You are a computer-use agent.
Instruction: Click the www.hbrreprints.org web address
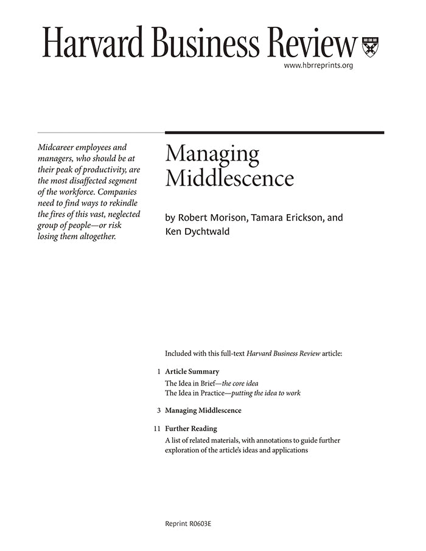click(318, 65)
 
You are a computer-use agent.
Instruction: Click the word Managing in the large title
click(212, 155)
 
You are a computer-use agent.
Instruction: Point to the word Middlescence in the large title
click(229, 178)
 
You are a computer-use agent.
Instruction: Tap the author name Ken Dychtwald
click(198, 232)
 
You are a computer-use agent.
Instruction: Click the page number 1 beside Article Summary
click(158, 371)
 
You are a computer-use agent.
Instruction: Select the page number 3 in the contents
click(158, 411)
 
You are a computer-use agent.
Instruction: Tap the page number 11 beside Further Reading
click(157, 429)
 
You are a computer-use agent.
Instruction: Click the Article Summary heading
click(192, 371)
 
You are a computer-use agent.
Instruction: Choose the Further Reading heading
click(190, 429)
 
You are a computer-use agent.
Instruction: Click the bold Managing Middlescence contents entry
click(203, 411)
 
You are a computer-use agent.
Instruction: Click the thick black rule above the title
click(274, 132)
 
